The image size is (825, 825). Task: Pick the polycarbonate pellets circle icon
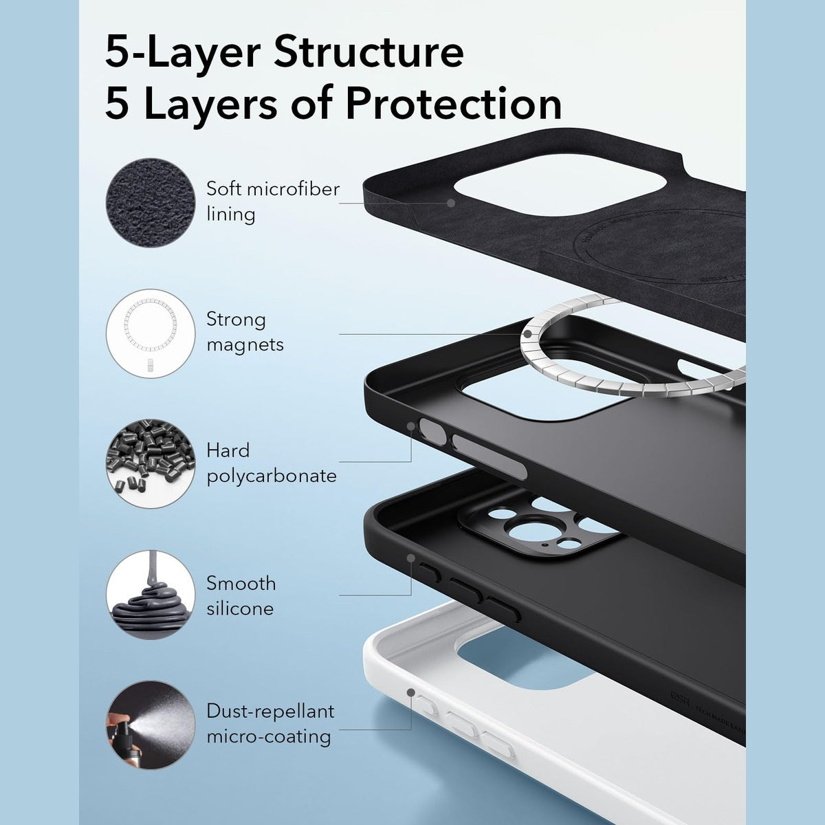click(x=151, y=464)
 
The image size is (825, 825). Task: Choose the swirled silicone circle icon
click(x=151, y=595)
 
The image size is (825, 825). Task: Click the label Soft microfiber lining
click(x=273, y=201)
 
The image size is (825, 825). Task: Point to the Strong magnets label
click(x=245, y=332)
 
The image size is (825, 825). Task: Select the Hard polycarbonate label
click(x=272, y=463)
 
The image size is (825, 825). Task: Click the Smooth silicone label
click(x=241, y=595)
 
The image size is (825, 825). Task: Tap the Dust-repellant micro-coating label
click(x=270, y=723)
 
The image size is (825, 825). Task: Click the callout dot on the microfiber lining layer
click(x=452, y=203)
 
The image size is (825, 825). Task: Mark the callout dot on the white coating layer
click(x=411, y=693)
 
